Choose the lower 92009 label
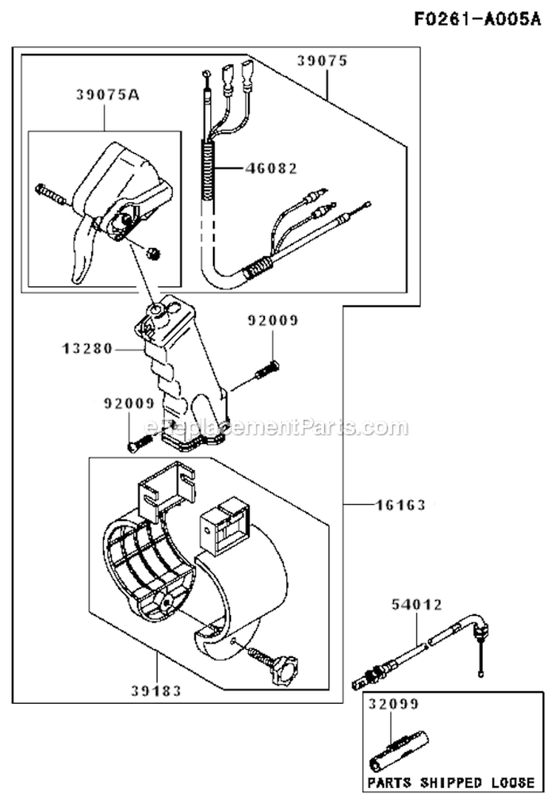click(129, 403)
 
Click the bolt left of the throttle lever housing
click(50, 195)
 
